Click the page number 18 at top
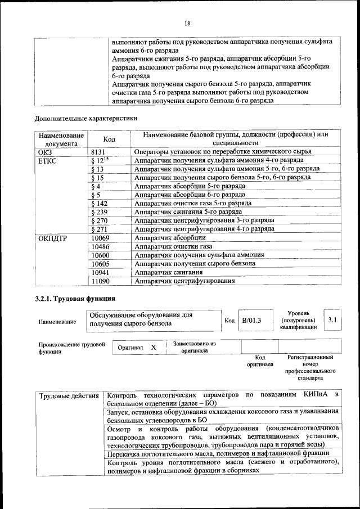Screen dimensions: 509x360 pyautogui.click(x=187, y=23)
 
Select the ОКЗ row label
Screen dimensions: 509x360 pyautogui.click(x=45, y=152)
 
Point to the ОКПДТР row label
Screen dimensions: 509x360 pyautogui.click(x=52, y=238)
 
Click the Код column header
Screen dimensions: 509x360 pyautogui.click(x=109, y=139)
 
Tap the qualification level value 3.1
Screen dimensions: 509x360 pyautogui.click(x=332, y=320)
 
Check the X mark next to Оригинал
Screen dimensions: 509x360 pyautogui.click(x=153, y=348)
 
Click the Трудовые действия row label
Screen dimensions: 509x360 pyautogui.click(x=69, y=397)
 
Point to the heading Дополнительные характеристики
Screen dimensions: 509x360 pyautogui.click(x=85, y=119)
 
